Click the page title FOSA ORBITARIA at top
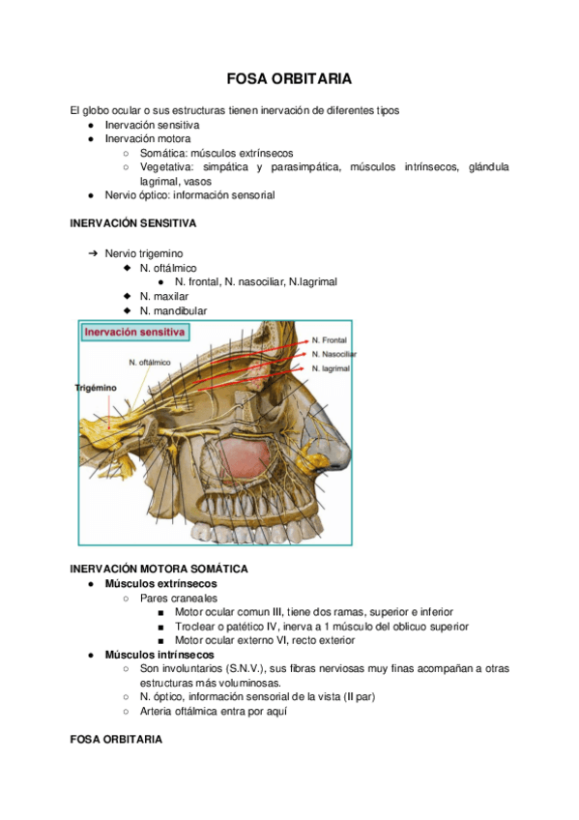click(288, 77)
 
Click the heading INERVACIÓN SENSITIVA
click(133, 223)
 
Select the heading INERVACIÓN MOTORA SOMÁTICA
click(159, 569)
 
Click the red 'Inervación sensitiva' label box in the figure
click(134, 332)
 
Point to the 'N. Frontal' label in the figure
click(330, 340)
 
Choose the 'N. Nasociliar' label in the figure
click(333, 355)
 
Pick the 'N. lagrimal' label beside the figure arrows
click(331, 368)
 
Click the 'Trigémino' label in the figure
click(96, 388)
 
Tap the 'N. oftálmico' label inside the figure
click(150, 363)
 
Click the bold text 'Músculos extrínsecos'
click(160, 584)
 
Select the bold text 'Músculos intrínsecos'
click(159, 655)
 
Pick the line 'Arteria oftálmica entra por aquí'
click(213, 712)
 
